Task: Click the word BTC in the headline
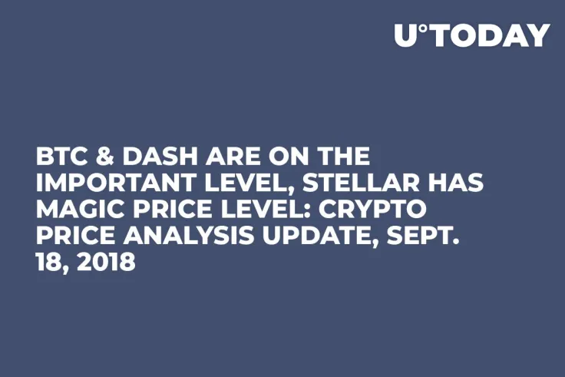pyautogui.click(x=60, y=157)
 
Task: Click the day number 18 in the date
pyautogui.click(x=49, y=262)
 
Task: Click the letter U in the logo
pyautogui.click(x=406, y=35)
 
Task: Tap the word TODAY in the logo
pyautogui.click(x=489, y=35)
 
